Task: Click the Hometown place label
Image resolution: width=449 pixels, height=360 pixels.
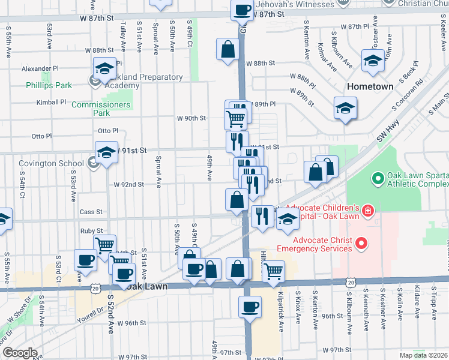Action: pyautogui.click(x=370, y=86)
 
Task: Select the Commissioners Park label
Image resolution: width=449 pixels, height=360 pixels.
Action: pyautogui.click(x=100, y=109)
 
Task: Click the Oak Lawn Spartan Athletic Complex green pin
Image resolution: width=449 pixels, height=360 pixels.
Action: pyautogui.click(x=378, y=178)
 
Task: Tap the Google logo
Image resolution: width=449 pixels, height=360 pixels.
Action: pyautogui.click(x=20, y=353)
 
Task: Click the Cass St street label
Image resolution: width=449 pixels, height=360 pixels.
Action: pyautogui.click(x=92, y=212)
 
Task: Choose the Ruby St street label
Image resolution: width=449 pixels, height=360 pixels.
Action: pyautogui.click(x=91, y=231)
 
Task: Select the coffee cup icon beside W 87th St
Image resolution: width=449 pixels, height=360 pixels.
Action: pyautogui.click(x=242, y=10)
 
